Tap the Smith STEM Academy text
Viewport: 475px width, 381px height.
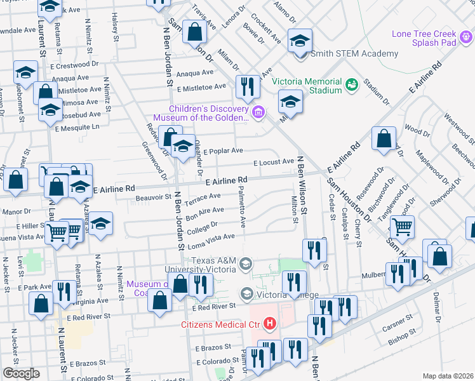pyautogui.click(x=354, y=54)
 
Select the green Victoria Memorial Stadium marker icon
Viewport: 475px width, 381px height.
pyautogui.click(x=351, y=84)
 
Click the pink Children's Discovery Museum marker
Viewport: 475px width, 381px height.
pyautogui.click(x=258, y=113)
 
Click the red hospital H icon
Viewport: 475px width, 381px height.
pyautogui.click(x=271, y=324)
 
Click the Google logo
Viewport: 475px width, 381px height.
pyautogui.click(x=21, y=373)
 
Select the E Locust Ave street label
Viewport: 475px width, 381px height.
pyautogui.click(x=274, y=163)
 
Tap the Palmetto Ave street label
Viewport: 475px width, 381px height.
pyautogui.click(x=242, y=204)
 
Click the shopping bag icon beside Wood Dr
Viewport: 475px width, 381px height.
pyautogui.click(x=384, y=138)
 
